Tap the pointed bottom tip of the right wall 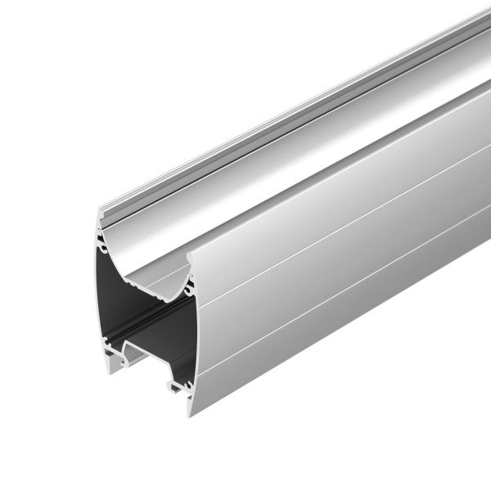[191, 412]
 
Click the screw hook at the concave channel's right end [189, 287]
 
